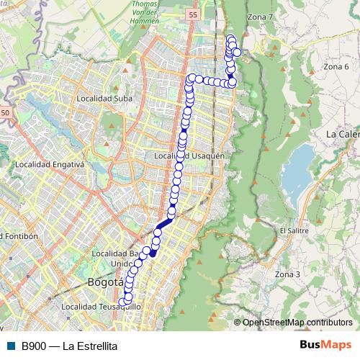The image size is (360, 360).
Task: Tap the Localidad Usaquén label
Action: [189, 156]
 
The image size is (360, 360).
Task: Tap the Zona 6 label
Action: [336, 67]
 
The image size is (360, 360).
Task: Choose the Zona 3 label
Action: [287, 274]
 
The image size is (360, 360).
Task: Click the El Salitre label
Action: [292, 230]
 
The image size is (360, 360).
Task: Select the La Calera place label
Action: [342, 134]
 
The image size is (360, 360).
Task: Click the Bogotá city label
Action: [106, 282]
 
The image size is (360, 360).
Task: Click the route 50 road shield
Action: [6, 113]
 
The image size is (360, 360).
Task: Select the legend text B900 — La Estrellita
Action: [69, 346]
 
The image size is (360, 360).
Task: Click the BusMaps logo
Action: [325, 346]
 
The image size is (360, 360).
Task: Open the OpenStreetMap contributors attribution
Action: [297, 323]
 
